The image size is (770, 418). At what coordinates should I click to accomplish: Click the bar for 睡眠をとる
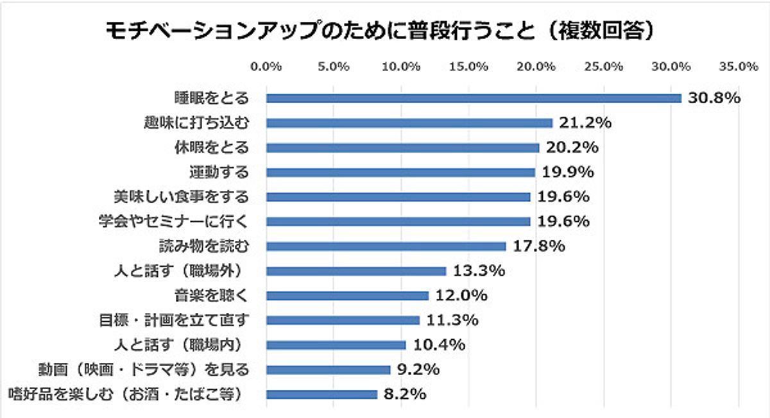474,98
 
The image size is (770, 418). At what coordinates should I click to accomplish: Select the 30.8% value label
714,98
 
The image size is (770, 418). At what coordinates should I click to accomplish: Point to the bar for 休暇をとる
403,147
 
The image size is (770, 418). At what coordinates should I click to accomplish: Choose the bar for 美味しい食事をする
398,197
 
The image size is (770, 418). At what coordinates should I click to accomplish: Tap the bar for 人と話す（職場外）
356,271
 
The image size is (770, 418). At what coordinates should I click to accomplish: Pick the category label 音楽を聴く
212,296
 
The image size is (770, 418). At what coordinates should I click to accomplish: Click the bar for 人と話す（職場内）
336,345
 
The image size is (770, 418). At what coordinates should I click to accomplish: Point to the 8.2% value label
405,394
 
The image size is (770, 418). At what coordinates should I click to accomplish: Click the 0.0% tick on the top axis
266,67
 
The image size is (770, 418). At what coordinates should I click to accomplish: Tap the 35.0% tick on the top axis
739,67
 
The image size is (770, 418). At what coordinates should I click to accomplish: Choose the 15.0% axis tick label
468,67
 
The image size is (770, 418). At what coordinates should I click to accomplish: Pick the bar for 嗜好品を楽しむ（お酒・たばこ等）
322,394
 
